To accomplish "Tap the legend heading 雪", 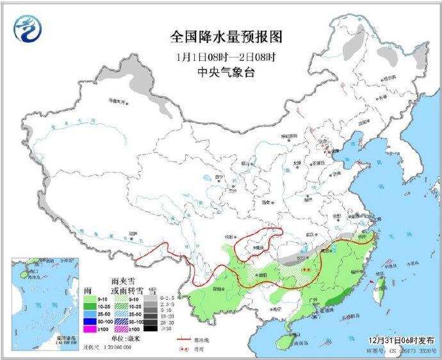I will click(x=151, y=290).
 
